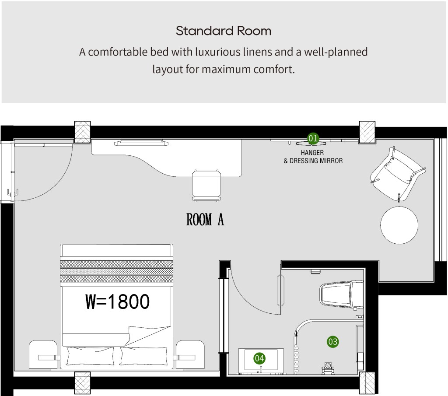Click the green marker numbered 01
point(313,138)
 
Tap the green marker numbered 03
point(332,341)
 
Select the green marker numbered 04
point(259,358)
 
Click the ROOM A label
point(205,219)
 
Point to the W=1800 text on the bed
point(117,301)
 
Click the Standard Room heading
point(224,31)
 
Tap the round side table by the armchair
point(399,225)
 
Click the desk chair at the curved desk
point(206,186)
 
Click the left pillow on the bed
point(90,356)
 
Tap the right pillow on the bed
point(143,356)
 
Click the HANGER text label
point(312,153)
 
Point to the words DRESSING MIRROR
point(316,161)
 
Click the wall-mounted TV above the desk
point(140,143)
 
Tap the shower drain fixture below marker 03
point(328,368)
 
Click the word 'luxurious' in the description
point(218,52)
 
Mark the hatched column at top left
point(82,132)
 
